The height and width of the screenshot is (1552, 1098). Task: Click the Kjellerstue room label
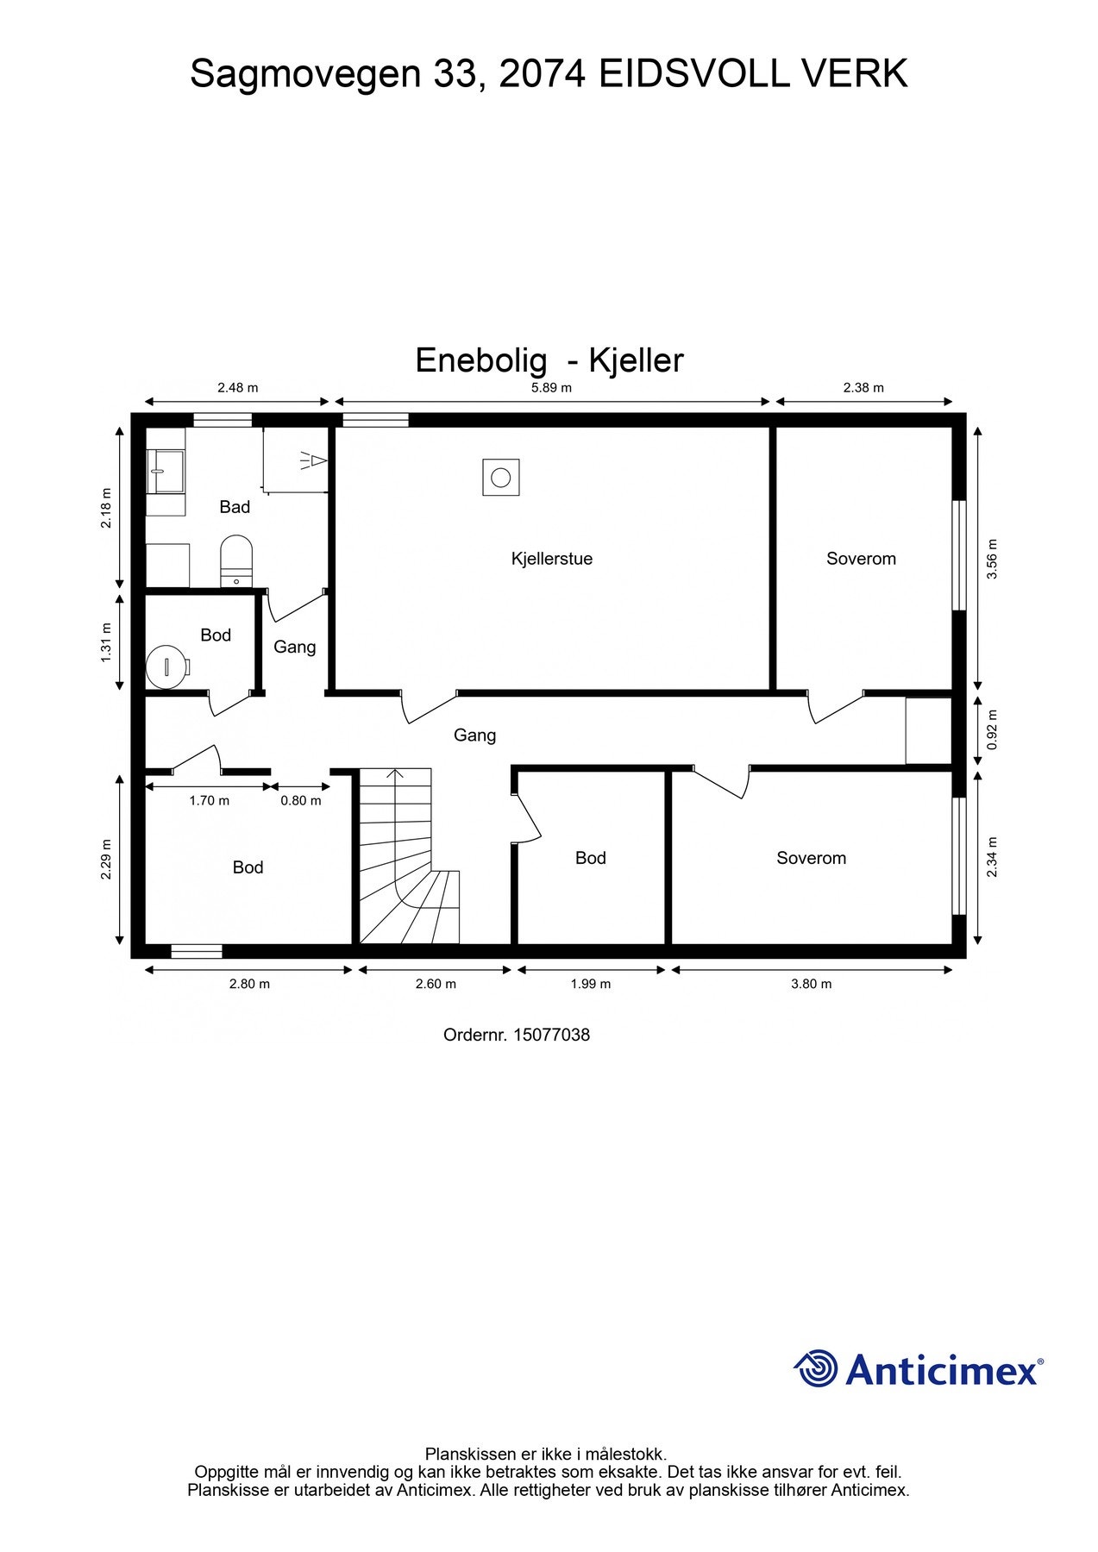pos(551,559)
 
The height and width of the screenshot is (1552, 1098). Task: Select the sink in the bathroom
pos(165,472)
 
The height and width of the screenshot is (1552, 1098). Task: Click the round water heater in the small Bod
pos(166,666)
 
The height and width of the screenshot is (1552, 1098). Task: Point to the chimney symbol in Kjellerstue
pos(500,477)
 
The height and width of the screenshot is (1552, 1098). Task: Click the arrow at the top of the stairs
pos(396,773)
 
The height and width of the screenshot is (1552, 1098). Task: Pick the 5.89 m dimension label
pos(551,388)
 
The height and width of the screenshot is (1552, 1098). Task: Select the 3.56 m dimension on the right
pos(992,559)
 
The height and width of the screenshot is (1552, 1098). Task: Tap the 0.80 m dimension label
pos(300,801)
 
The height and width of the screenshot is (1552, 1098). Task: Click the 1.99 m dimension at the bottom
pos(590,984)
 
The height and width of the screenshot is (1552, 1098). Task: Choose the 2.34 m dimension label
pos(992,858)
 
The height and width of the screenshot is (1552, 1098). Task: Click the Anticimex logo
pos(919,1369)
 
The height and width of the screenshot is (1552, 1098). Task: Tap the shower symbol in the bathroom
pos(314,461)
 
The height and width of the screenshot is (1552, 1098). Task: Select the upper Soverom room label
pos(861,559)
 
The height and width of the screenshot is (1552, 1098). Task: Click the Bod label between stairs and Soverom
pos(590,858)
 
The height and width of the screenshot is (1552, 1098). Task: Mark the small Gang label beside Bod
pos(294,647)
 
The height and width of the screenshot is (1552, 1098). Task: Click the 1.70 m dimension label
pos(209,801)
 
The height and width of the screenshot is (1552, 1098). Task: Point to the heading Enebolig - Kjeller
pos(549,360)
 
